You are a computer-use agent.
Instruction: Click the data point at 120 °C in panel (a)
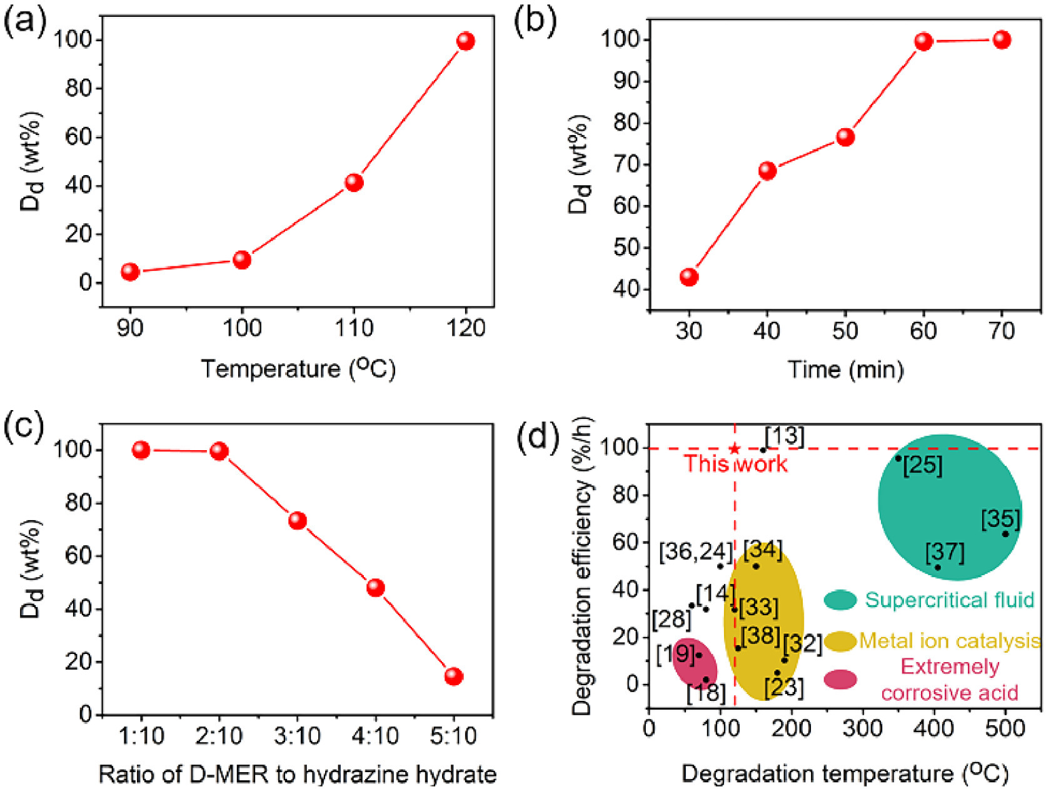tap(465, 41)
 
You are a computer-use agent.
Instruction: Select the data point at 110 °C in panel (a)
tap(354, 183)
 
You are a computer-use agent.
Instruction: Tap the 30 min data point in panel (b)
tap(689, 277)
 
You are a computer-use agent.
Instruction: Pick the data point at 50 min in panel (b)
tap(845, 138)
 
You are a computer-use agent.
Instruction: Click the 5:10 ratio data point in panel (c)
tap(453, 676)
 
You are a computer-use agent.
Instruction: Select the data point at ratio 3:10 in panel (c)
tap(298, 521)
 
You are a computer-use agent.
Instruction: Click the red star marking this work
tap(735, 448)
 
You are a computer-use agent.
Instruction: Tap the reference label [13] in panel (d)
tap(784, 436)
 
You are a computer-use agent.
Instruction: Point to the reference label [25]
tap(923, 465)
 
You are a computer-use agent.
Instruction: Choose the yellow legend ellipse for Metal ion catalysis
tap(840, 641)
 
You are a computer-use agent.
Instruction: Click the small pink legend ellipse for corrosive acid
tap(840, 680)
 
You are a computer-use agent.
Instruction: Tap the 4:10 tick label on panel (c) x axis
tap(375, 736)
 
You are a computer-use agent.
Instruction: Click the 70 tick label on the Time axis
tap(1002, 331)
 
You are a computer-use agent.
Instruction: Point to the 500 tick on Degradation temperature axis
tap(1005, 728)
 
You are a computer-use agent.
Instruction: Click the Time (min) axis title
tap(845, 369)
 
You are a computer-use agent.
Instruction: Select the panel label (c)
tap(24, 428)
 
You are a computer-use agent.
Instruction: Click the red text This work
tap(735, 464)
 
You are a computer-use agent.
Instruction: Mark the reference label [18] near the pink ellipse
tap(706, 693)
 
